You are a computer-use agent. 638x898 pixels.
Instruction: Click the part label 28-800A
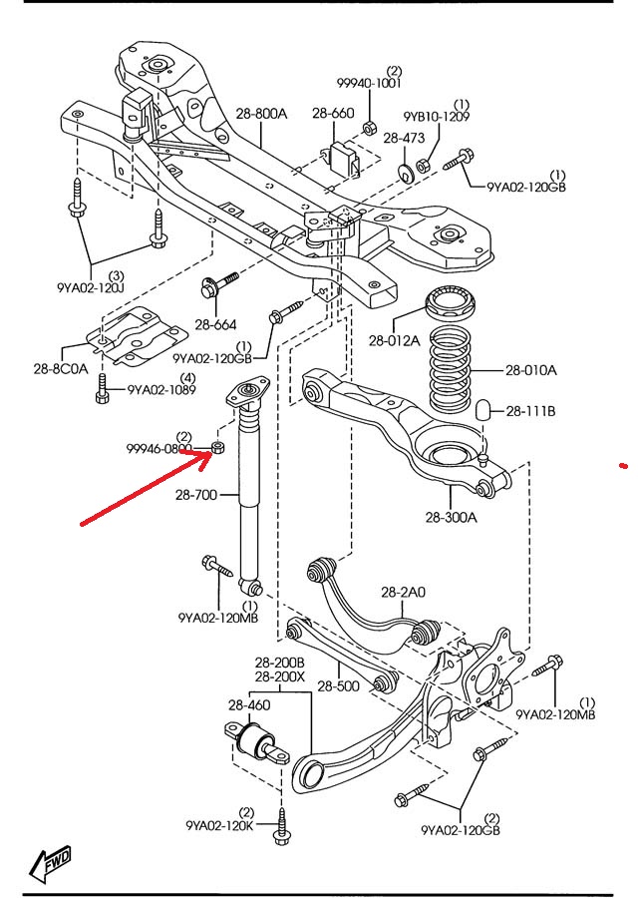coord(262,114)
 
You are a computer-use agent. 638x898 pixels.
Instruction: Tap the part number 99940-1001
coord(368,85)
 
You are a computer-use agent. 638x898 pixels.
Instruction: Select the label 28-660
coord(333,113)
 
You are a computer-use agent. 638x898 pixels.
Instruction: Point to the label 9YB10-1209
coord(437,117)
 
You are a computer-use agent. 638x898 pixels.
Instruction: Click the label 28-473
coord(404,138)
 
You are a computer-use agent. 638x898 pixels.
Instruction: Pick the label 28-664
coord(215,324)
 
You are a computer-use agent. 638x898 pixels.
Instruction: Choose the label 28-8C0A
coord(63,366)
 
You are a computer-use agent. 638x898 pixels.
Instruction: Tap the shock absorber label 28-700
coord(195,494)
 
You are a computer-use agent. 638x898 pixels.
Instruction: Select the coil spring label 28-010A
coord(530,370)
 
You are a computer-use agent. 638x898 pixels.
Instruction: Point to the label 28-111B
coord(530,410)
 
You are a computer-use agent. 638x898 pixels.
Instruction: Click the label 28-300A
coord(451,518)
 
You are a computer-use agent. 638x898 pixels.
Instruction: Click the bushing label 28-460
coord(249,706)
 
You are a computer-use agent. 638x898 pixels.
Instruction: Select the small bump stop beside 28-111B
coord(485,410)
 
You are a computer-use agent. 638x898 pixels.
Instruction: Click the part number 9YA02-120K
coord(218,825)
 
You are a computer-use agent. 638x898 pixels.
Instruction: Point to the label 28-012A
coord(393,340)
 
